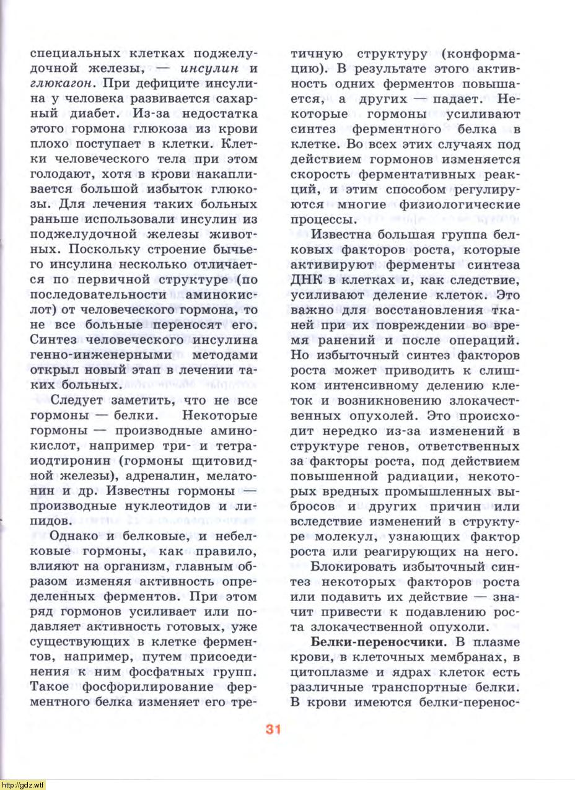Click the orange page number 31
tap(274, 729)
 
